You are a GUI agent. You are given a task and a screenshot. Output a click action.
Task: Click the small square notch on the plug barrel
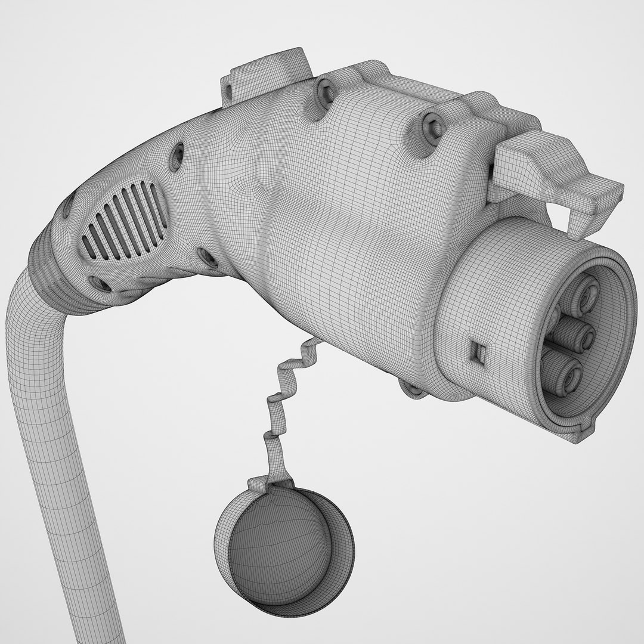(x=478, y=352)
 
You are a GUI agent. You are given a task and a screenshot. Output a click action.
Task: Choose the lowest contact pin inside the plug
(x=563, y=373)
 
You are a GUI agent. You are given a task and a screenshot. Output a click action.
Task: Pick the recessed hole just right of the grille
(x=208, y=258)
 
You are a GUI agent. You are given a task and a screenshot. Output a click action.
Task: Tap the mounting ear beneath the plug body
(x=415, y=388)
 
